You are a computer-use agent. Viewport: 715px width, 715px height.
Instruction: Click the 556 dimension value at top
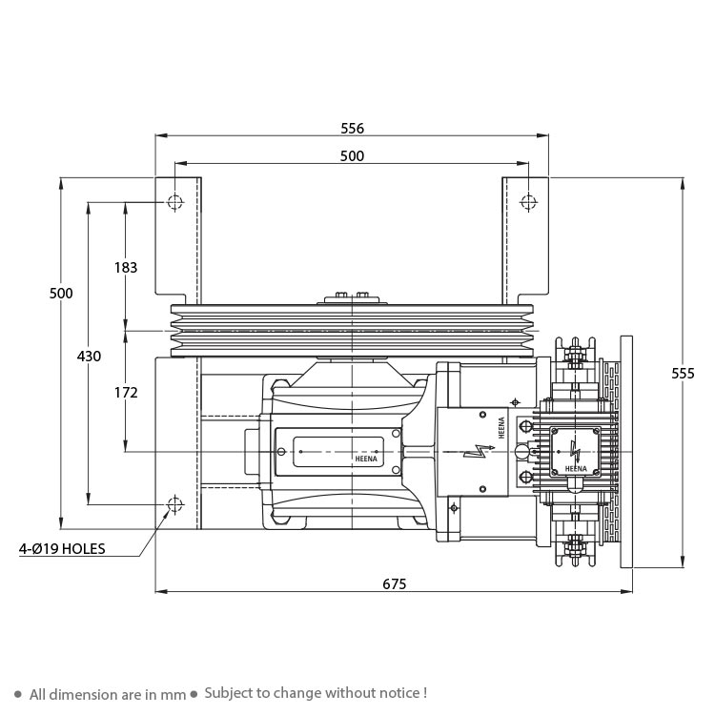[353, 129]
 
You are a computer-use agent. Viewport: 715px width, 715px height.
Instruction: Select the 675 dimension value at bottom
[394, 584]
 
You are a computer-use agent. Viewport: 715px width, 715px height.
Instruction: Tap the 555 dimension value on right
[683, 374]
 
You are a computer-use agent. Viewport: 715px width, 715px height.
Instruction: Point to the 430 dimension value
[89, 356]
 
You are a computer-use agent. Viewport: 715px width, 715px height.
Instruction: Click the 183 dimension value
[126, 267]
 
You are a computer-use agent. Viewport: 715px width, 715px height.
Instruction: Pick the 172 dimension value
[126, 392]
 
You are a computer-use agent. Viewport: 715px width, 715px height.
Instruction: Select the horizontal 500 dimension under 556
[352, 156]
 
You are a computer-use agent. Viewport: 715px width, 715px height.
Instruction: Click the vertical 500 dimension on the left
[61, 293]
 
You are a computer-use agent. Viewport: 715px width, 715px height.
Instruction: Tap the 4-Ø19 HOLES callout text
[62, 548]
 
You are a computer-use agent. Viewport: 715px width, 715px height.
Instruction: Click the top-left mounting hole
[175, 201]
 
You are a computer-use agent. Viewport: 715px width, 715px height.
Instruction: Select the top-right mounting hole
[528, 201]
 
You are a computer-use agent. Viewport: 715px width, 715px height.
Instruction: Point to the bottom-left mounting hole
[175, 504]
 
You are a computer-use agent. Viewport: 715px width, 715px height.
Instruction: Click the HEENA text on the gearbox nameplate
[366, 459]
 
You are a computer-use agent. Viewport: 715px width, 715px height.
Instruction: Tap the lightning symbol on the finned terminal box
[575, 451]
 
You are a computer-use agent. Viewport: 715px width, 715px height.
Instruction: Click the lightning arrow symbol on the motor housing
[479, 451]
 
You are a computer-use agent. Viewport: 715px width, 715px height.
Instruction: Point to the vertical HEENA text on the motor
[501, 427]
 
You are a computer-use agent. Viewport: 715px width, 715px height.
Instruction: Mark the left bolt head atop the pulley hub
[341, 295]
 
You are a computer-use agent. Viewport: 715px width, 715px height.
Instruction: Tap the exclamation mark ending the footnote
[424, 693]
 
